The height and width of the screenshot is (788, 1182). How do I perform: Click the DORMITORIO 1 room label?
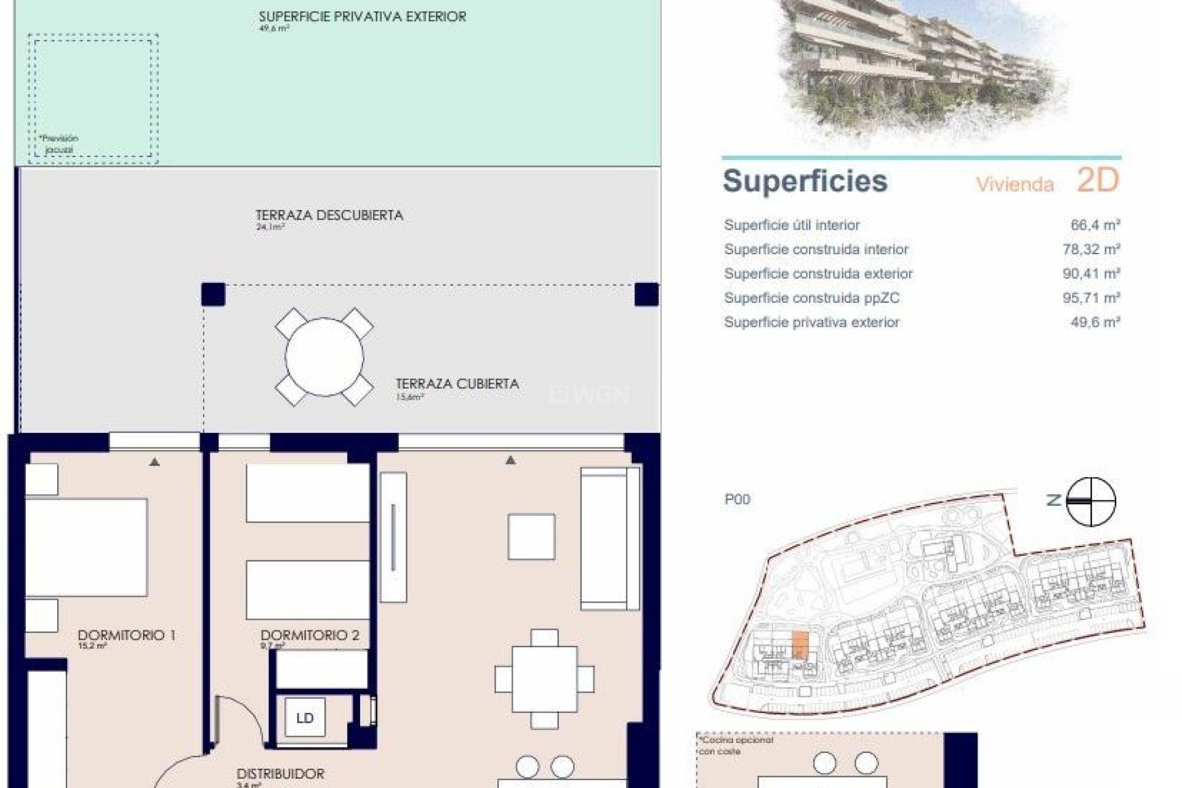click(x=126, y=635)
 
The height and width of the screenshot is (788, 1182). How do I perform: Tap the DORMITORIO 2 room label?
click(x=310, y=635)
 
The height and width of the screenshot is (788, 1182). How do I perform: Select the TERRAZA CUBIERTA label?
click(x=457, y=384)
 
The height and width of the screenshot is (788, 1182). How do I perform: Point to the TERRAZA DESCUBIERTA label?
click(x=329, y=215)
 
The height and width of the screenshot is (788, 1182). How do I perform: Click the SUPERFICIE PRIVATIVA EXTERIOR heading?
click(x=362, y=17)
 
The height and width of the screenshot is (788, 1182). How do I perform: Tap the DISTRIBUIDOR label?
click(x=280, y=774)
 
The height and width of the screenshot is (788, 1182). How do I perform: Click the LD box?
click(x=305, y=718)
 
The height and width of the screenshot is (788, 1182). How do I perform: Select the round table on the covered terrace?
click(x=324, y=356)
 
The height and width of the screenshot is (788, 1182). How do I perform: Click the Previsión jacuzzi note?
click(x=59, y=144)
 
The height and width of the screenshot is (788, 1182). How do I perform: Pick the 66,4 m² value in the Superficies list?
click(x=1095, y=225)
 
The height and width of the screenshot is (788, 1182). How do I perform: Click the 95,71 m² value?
click(x=1091, y=298)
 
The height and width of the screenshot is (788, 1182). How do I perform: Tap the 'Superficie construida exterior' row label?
click(x=818, y=274)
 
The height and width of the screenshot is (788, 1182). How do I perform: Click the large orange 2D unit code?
click(x=1097, y=180)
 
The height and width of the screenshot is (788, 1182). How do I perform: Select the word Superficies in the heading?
click(x=805, y=181)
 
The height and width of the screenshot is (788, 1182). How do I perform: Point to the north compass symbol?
click(x=1090, y=501)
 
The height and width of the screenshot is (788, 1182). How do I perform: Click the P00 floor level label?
click(x=737, y=499)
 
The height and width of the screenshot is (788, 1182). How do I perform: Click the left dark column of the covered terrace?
click(x=214, y=294)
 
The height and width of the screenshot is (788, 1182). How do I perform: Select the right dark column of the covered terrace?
click(x=646, y=294)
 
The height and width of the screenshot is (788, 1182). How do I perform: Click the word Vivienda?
click(x=1015, y=184)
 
